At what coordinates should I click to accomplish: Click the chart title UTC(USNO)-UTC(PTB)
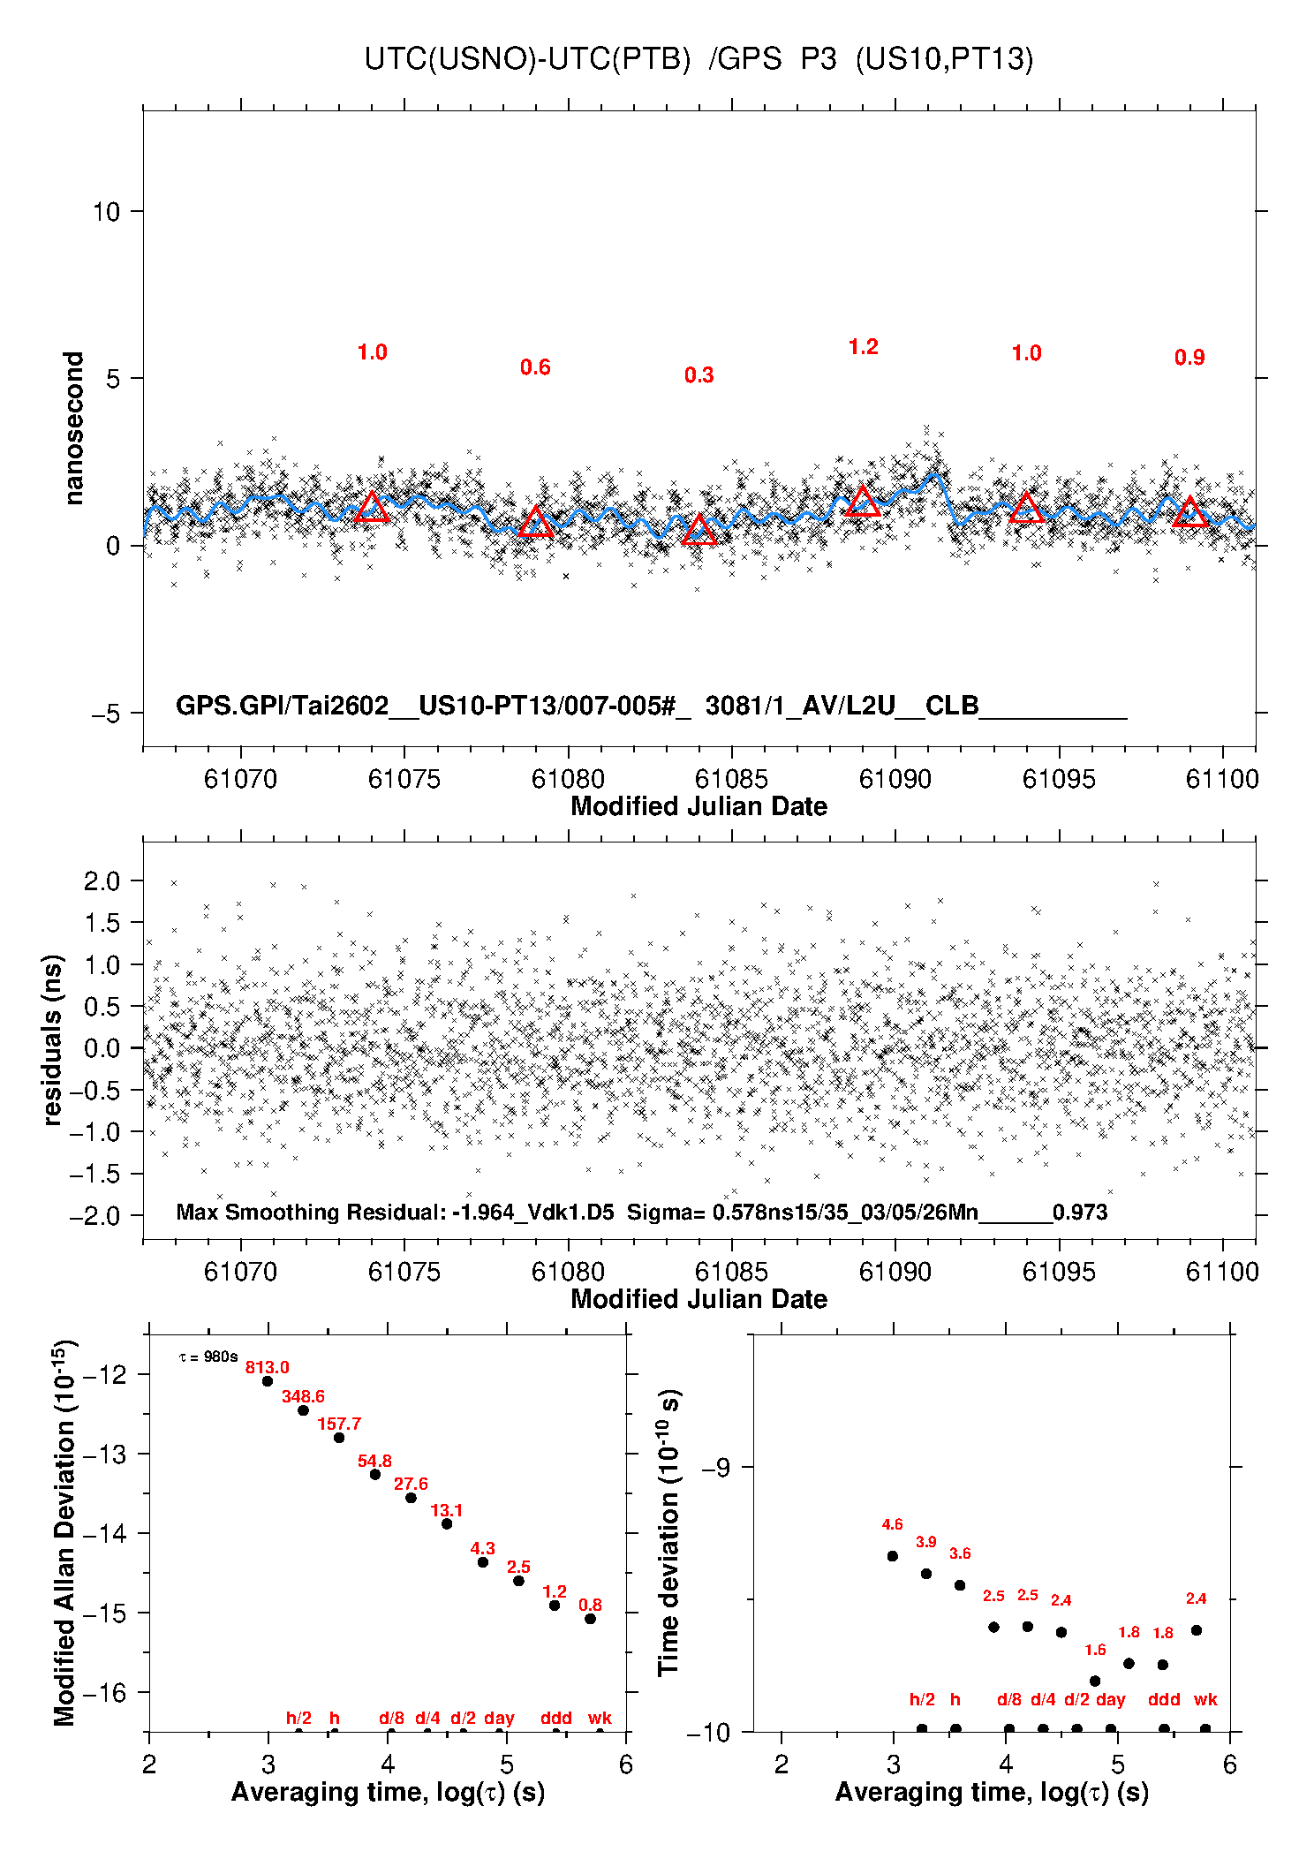pos(527,59)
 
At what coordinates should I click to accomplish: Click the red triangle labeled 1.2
pos(863,502)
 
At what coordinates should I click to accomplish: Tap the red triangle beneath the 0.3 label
pos(699,530)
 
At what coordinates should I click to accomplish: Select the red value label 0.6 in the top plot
pos(535,367)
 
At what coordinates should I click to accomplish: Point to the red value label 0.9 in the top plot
pos(1189,358)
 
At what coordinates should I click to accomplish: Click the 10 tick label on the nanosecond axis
pos(106,212)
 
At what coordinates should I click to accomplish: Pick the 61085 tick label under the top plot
pos(731,779)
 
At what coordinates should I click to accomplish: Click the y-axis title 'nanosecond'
pos(73,428)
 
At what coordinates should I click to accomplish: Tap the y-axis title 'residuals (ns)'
pos(53,1039)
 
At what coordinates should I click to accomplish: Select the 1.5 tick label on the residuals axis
pos(101,923)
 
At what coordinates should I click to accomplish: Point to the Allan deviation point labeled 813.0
pos(268,1381)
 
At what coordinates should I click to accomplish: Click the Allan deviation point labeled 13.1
pos(447,1523)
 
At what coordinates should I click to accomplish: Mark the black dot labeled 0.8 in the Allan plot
pos(590,1619)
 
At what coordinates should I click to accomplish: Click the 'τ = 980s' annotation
pos(208,1356)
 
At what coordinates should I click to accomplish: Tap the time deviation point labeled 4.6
pos(893,1556)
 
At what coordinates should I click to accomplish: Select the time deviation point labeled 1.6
pos(1095,1681)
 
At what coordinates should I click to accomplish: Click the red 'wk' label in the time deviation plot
pos(1205,1699)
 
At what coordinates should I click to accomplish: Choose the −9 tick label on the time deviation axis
pos(716,1468)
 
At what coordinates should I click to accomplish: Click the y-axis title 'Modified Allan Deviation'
pos(64,1532)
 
